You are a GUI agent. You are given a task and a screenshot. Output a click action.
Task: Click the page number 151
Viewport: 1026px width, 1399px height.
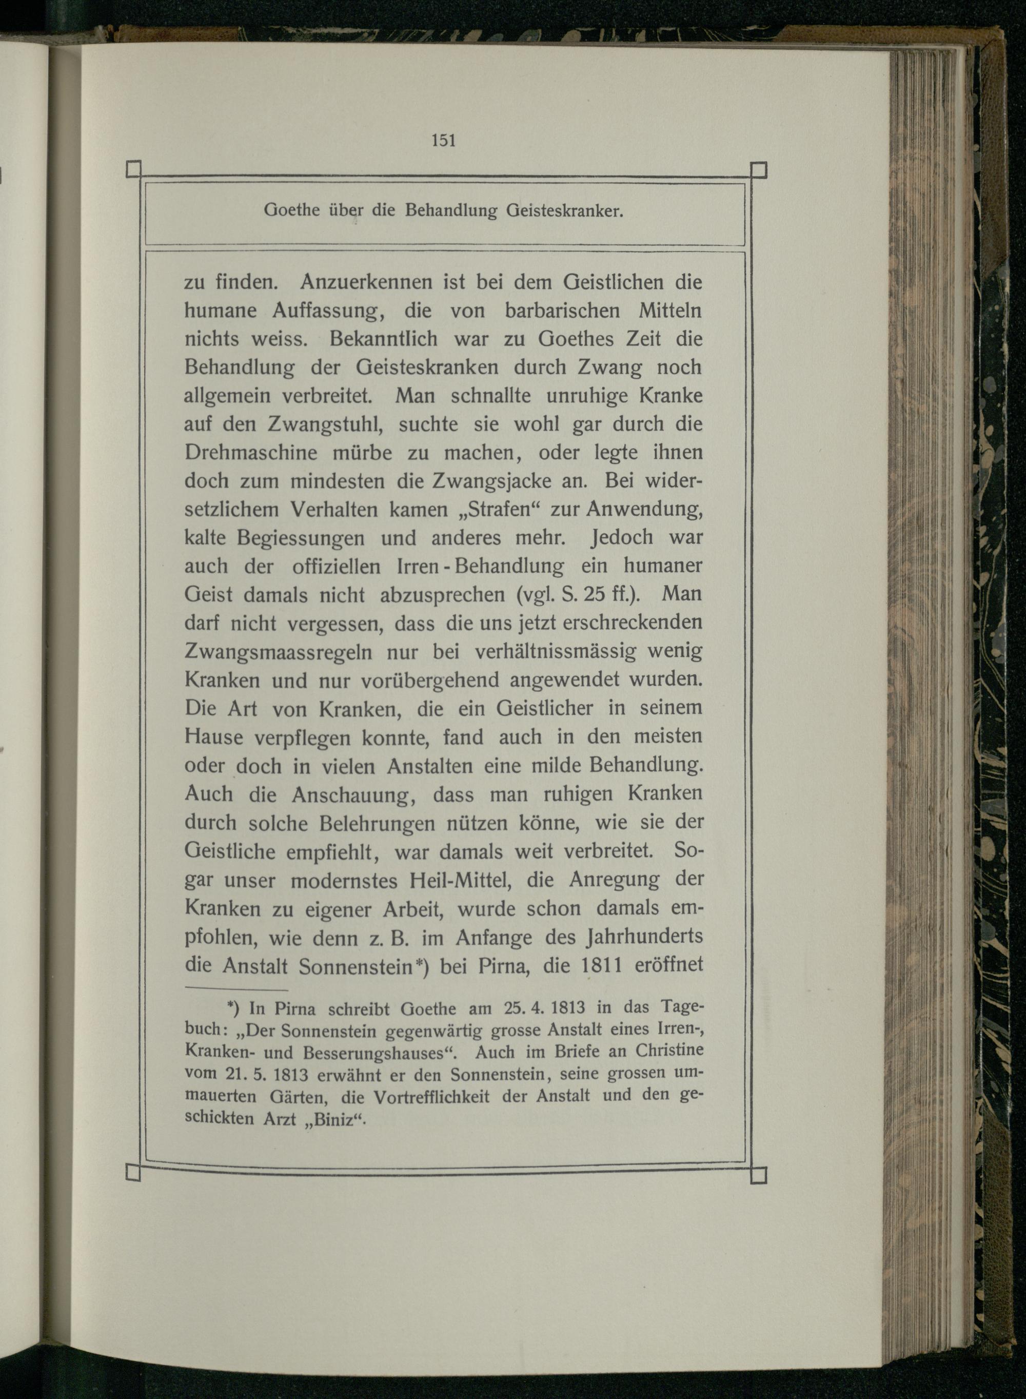tap(444, 141)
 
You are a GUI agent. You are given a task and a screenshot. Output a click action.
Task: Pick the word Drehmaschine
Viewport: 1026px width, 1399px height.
tap(250, 453)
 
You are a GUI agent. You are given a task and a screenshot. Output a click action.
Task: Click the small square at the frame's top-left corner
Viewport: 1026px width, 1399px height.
tap(133, 169)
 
